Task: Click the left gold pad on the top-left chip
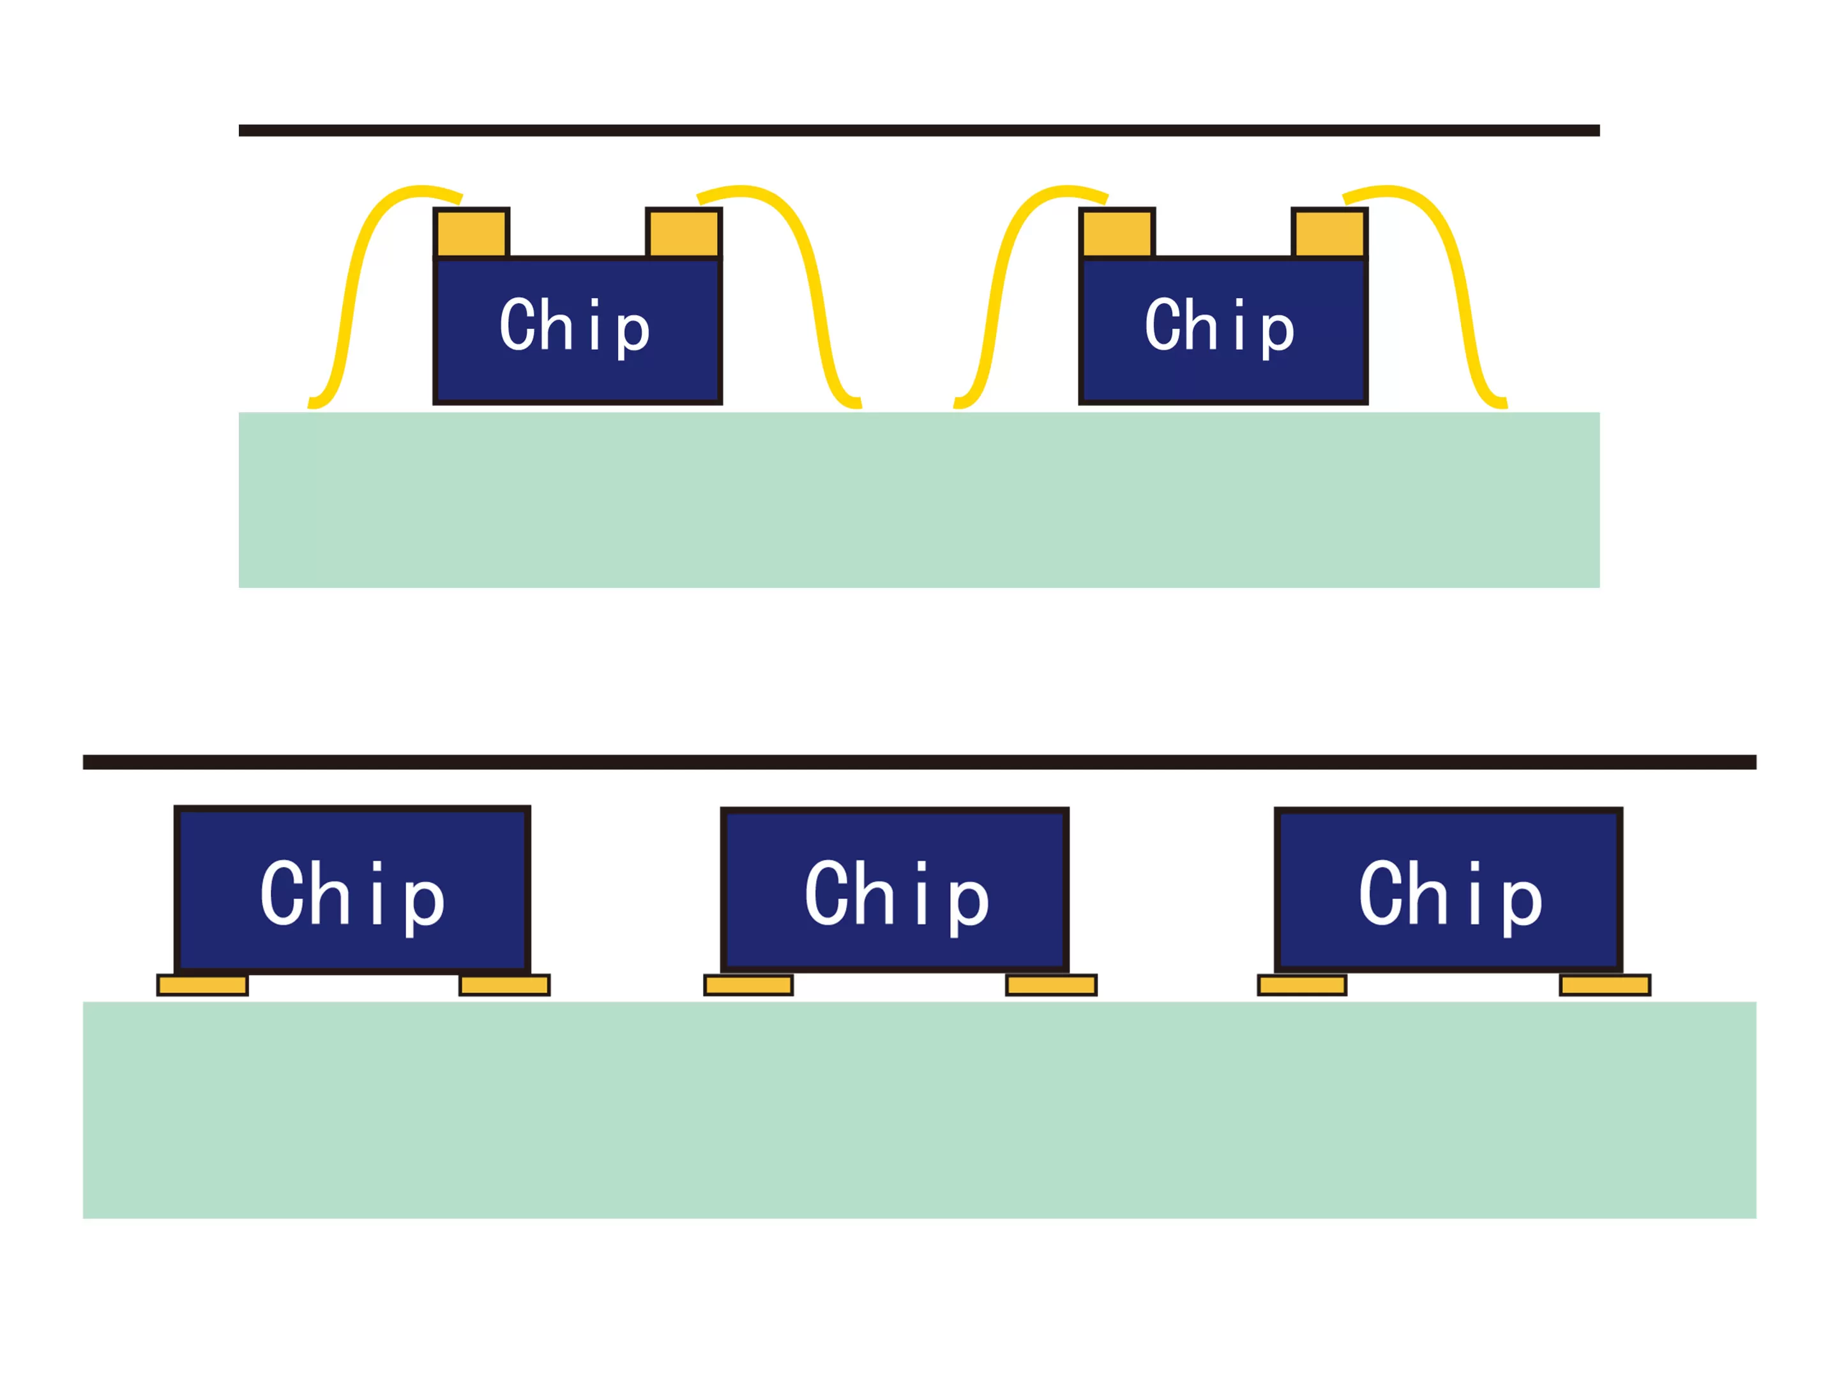pyautogui.click(x=471, y=234)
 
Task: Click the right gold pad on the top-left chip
pyautogui.click(x=683, y=234)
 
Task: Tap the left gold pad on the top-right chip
pyautogui.click(x=1117, y=234)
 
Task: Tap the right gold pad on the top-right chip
pyautogui.click(x=1329, y=234)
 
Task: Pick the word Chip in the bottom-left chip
pyautogui.click(x=352, y=895)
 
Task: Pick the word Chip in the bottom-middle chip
pyautogui.click(x=897, y=895)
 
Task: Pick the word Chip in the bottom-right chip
pyautogui.click(x=1450, y=895)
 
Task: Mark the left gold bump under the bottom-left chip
pyautogui.click(x=202, y=985)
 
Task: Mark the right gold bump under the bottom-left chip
pyautogui.click(x=504, y=985)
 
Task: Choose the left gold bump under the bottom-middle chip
pyautogui.click(x=748, y=985)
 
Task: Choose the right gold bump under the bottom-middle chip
pyautogui.click(x=1051, y=985)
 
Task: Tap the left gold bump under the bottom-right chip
pyautogui.click(x=1302, y=985)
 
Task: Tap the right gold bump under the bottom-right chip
pyautogui.click(x=1605, y=985)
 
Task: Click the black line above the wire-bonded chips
pyautogui.click(x=919, y=130)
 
